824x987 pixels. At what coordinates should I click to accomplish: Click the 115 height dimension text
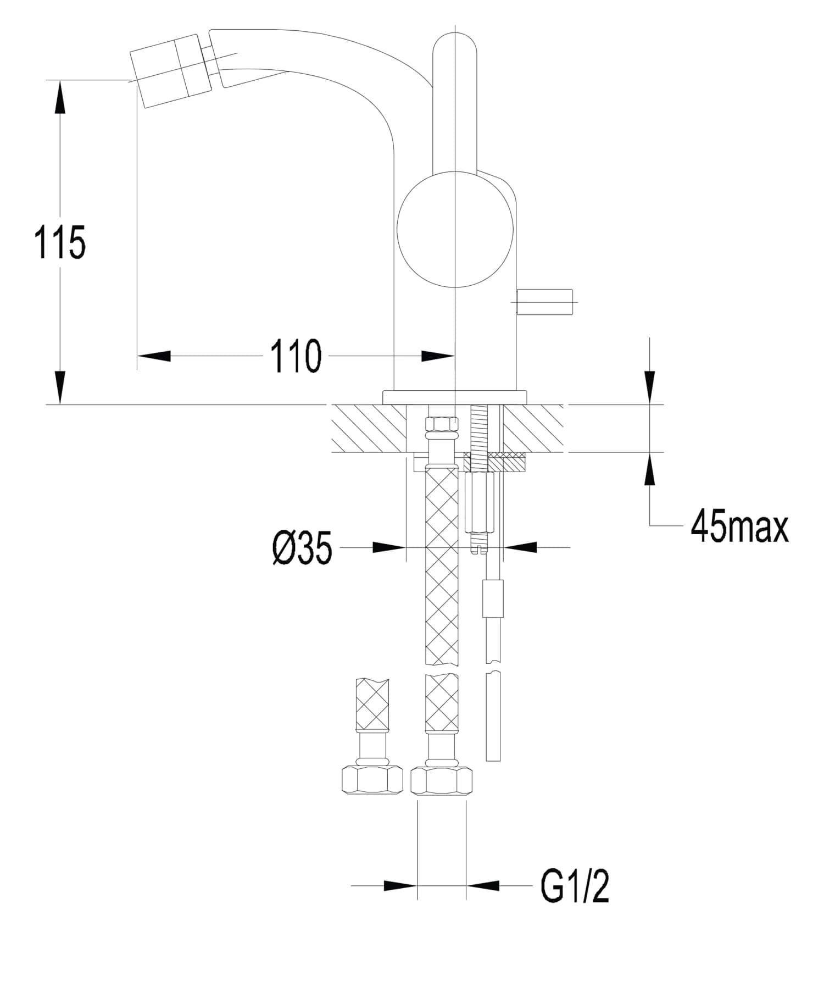click(x=60, y=242)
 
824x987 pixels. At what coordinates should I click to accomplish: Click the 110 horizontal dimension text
click(x=296, y=357)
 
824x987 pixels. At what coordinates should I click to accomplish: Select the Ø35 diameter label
click(x=302, y=548)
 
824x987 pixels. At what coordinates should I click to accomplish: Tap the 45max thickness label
click(x=739, y=526)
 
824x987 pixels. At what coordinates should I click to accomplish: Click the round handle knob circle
click(x=455, y=229)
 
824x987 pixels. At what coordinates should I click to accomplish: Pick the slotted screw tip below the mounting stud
click(x=480, y=548)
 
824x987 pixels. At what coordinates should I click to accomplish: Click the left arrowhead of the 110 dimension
click(x=154, y=356)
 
